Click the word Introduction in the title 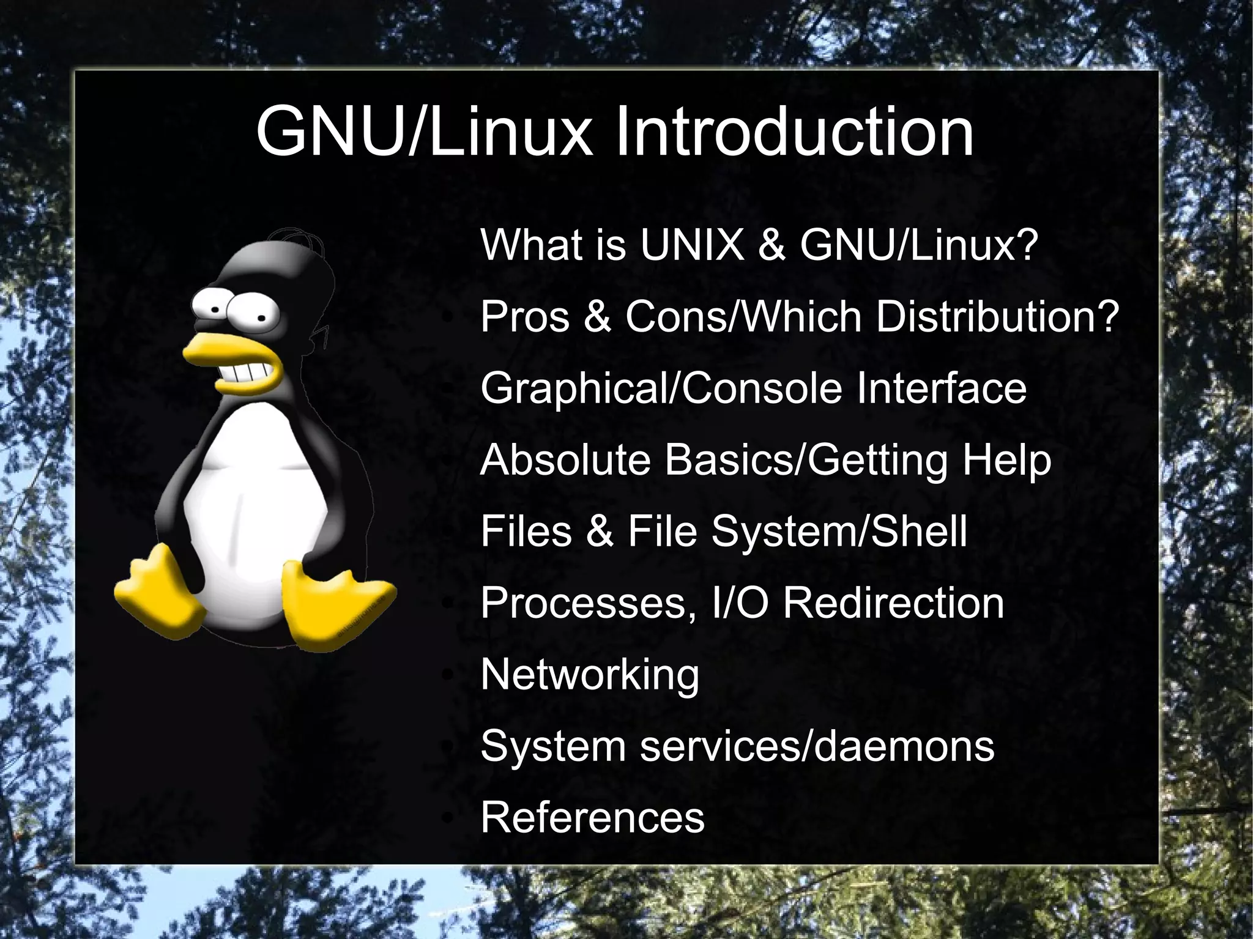coord(794,132)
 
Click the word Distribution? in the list coord(997,317)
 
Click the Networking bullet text coord(590,675)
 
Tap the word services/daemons coord(817,746)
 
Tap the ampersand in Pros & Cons coord(598,317)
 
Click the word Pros coord(525,317)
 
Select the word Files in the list coord(527,531)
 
